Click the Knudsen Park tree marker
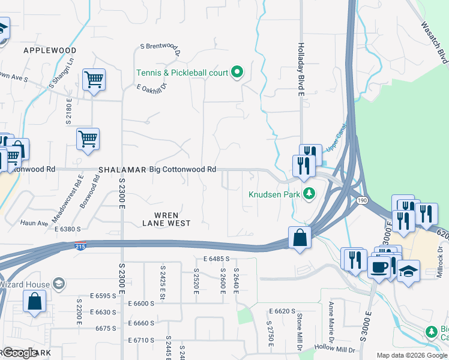point(309,193)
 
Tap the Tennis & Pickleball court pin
point(237,73)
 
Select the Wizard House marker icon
point(58,283)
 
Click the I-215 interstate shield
point(80,246)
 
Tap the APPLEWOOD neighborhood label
point(50,50)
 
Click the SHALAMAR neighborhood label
point(122,170)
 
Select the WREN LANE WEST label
point(166,218)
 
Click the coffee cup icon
point(379,268)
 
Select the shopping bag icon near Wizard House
point(35,301)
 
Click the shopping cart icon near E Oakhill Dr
point(94,79)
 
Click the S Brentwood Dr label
point(160,47)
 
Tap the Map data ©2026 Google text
point(412,355)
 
